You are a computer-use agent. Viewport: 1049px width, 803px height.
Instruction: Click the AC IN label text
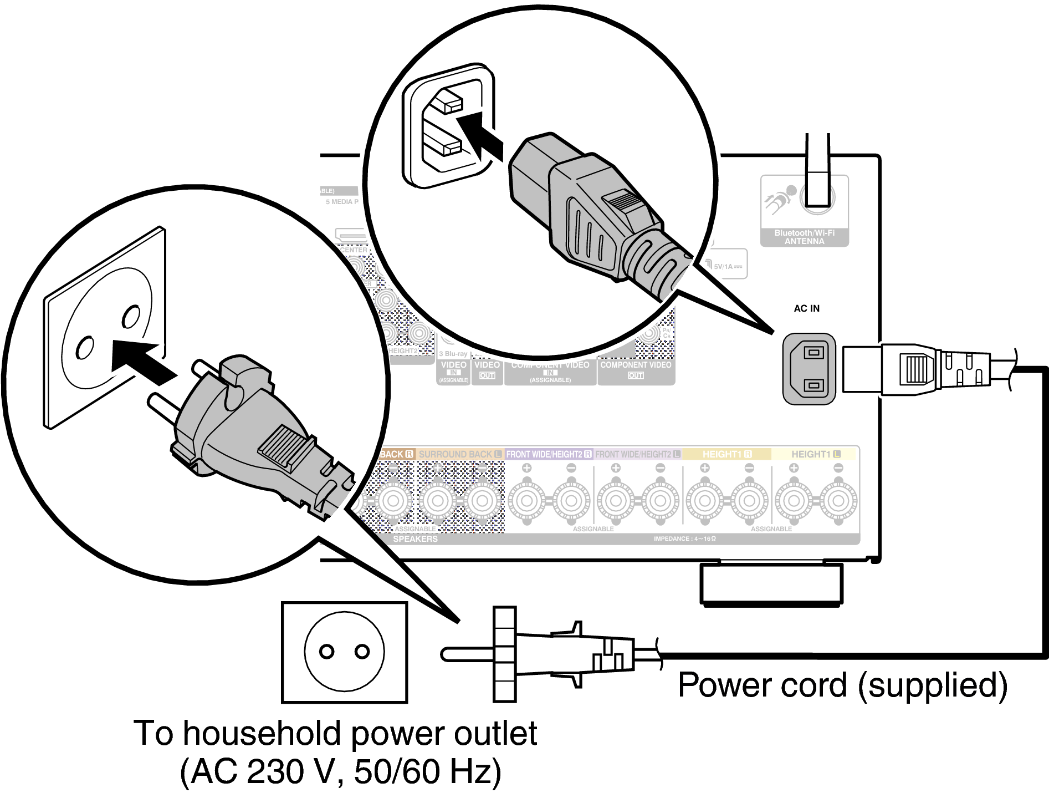806,308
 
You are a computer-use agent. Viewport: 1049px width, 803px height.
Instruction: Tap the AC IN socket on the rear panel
809,369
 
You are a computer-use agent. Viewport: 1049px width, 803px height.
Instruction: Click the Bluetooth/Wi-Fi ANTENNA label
804,237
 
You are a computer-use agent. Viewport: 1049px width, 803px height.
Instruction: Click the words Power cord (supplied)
842,685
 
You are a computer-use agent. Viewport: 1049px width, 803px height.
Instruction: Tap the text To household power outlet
335,734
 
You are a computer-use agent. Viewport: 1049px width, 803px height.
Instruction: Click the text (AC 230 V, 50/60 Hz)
340,771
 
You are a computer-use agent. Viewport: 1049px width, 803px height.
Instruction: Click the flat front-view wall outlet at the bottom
344,652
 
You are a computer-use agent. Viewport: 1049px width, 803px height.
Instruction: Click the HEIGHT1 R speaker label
726,454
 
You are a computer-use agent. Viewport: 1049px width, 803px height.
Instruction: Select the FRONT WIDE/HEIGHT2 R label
549,454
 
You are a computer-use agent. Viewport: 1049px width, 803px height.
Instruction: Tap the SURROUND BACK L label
459,454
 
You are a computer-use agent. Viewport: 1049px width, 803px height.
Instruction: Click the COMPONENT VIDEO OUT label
636,369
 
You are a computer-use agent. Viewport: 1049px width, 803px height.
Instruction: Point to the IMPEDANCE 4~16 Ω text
684,538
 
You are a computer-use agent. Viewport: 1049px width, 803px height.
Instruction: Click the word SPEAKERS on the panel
415,539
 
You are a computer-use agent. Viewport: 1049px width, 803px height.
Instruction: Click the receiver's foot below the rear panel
771,583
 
